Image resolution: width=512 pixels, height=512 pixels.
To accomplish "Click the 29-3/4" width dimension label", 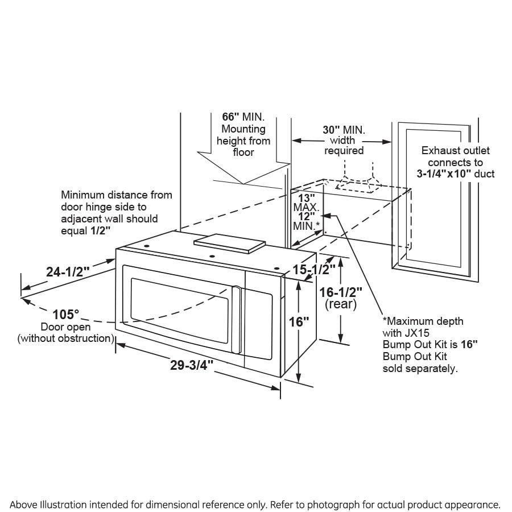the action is [x=192, y=365].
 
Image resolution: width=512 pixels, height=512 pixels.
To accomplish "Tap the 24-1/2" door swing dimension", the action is [x=68, y=272].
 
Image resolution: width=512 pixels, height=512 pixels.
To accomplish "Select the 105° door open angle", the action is [x=65, y=315].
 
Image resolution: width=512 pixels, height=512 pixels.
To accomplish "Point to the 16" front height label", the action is [x=299, y=322].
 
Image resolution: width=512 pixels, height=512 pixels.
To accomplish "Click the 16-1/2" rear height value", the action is [x=341, y=292].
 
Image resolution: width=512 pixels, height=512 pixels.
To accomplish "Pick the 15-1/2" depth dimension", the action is [x=314, y=270].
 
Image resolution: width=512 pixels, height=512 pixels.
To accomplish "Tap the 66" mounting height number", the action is [x=230, y=117].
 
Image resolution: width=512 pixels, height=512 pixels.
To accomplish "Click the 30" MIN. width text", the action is [x=344, y=130].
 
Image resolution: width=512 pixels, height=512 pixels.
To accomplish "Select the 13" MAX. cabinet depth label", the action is [x=306, y=203].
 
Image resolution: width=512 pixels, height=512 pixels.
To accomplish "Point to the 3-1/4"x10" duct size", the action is [x=444, y=174].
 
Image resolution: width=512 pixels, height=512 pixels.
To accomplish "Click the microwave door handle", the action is [x=236, y=320].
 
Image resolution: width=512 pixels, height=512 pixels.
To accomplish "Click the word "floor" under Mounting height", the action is [x=243, y=152].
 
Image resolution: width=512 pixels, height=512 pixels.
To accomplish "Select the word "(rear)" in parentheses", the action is [x=341, y=304].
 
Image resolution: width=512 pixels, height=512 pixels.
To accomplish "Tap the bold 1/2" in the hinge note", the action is [x=100, y=231].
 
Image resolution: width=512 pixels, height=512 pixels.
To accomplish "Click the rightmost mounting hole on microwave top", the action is [x=277, y=269].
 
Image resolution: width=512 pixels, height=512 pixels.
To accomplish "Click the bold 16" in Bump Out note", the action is [x=469, y=345].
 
